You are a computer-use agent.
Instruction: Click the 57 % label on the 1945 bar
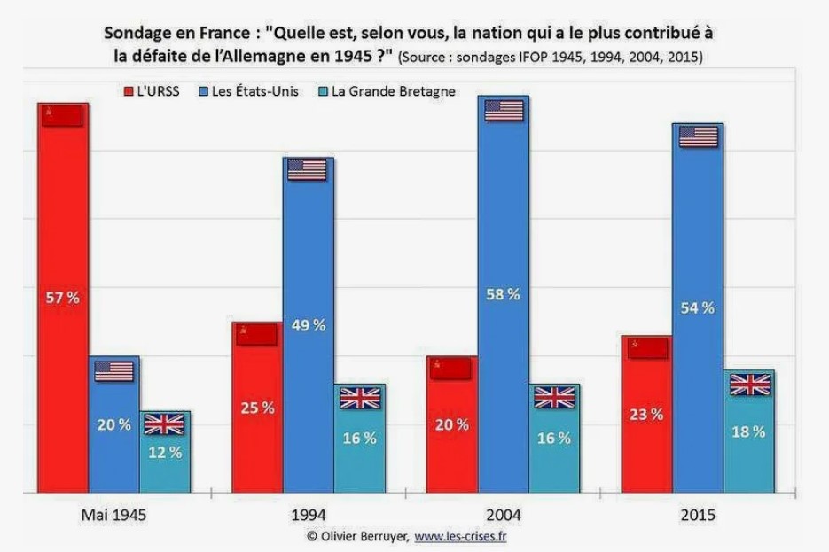[62, 298]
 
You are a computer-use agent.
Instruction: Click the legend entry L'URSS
[152, 91]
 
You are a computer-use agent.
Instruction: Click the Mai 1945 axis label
[113, 515]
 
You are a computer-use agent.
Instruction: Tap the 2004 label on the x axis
[503, 515]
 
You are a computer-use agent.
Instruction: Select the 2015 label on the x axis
[698, 515]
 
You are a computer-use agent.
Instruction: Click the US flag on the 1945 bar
[113, 371]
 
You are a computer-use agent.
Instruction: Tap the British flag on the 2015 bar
[750, 385]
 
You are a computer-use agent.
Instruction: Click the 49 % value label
[309, 325]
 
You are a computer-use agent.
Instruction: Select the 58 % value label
[503, 294]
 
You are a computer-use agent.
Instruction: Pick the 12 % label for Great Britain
[164, 452]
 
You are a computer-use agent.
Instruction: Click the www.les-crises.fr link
[460, 536]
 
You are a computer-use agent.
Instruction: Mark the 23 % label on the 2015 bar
[645, 414]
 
